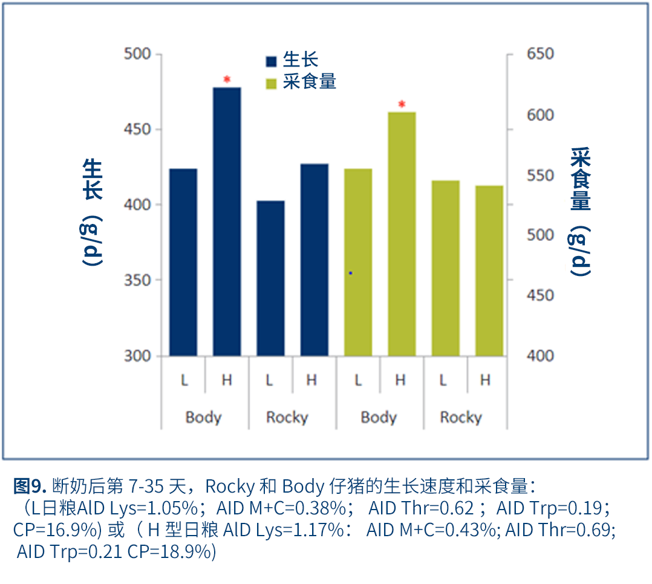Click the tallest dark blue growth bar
point(227,221)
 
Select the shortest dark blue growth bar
point(270,278)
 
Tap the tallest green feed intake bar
point(402,234)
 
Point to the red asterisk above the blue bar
point(227,80)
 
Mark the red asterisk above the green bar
point(402,105)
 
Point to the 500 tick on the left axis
point(137,54)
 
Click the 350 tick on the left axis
point(137,280)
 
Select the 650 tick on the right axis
point(540,54)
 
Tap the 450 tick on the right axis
point(540,295)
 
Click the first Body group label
point(203,418)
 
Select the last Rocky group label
point(461,418)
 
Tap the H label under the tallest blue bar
point(227,381)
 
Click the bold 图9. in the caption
point(30,485)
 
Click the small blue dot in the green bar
point(350,274)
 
